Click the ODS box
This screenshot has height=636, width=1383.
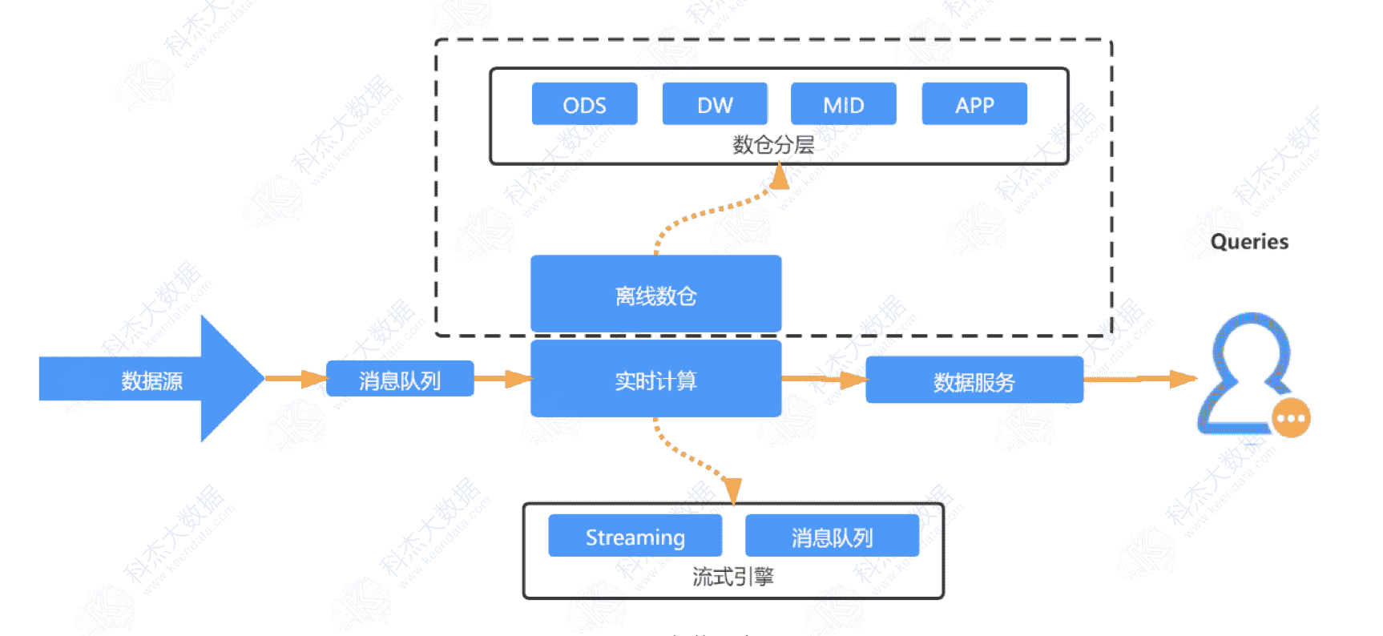pos(584,104)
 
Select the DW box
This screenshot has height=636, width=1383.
pos(715,104)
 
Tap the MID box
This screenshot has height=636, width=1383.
pos(843,104)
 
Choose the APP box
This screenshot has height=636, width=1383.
pos(974,104)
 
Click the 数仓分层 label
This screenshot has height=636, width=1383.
pos(773,145)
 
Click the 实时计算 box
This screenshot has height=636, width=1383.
pos(655,380)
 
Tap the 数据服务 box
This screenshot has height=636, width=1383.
pos(974,381)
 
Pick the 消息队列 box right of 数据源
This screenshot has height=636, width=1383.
pos(400,380)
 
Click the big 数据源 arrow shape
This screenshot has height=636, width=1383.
pos(152,380)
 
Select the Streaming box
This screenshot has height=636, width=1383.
pos(635,536)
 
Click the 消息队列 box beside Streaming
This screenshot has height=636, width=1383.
pos(832,536)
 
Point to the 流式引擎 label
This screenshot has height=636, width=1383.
pos(733,577)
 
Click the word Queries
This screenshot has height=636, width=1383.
pos(1249,242)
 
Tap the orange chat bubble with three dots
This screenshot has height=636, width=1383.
pos(1291,418)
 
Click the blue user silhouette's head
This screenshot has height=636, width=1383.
pos(1250,348)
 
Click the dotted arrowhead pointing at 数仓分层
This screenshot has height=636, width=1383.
pos(779,176)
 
